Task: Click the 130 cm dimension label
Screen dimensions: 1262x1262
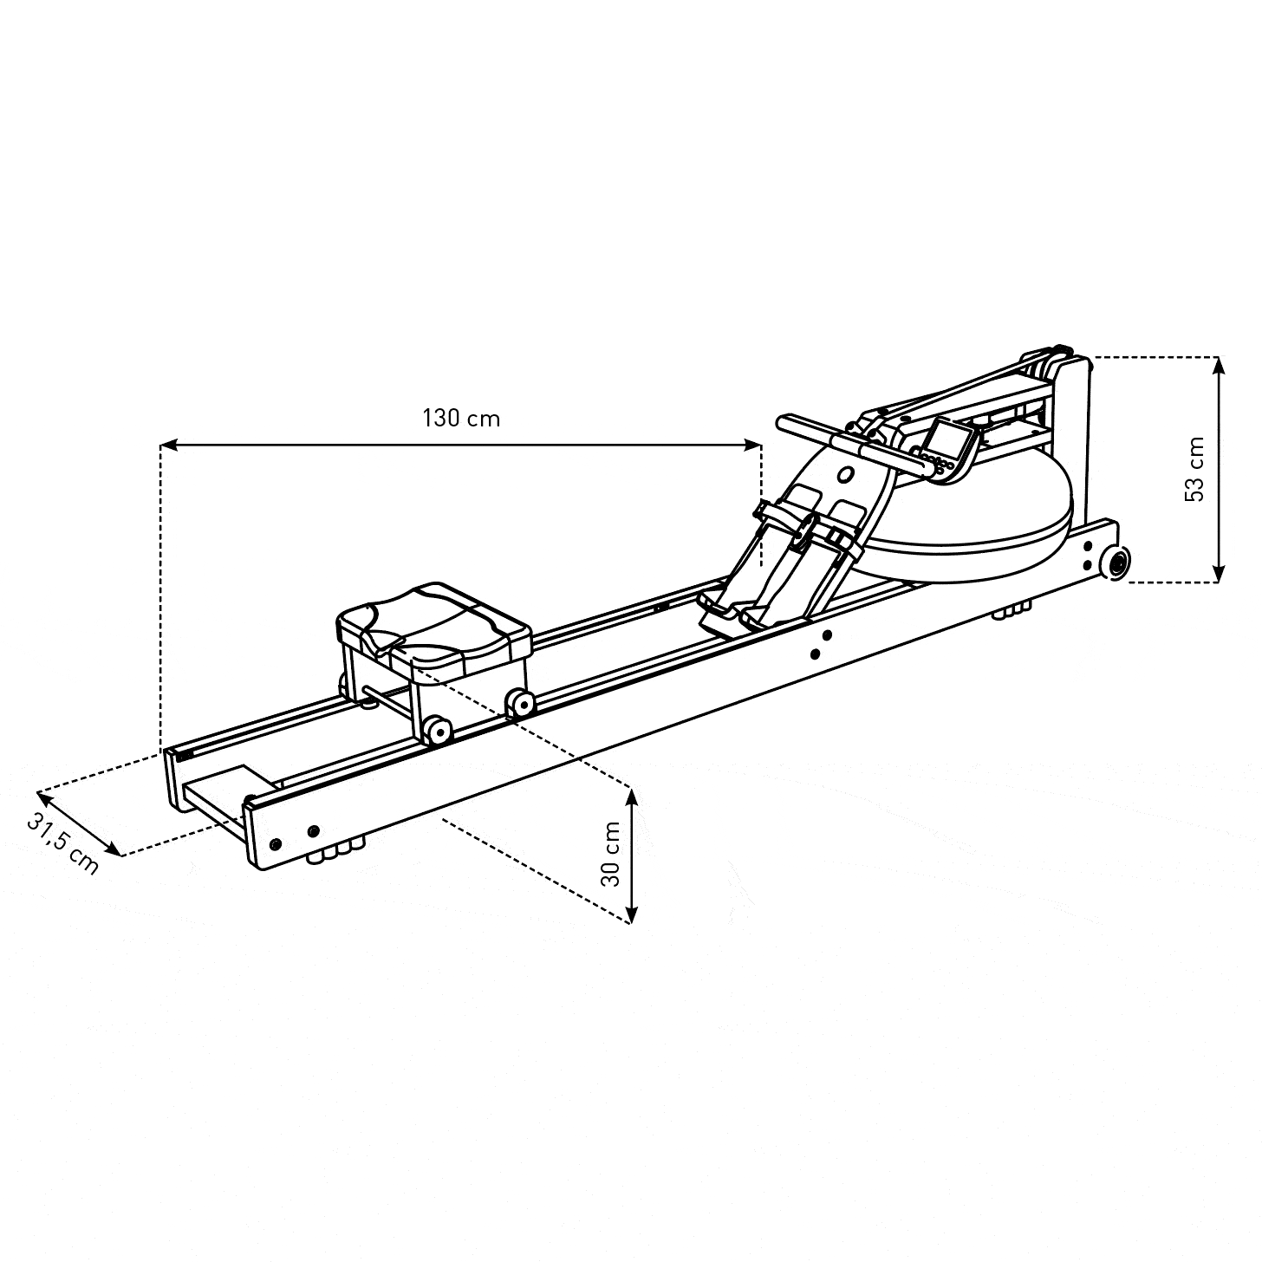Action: click(x=461, y=419)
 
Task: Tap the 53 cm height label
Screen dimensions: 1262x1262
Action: click(x=1195, y=470)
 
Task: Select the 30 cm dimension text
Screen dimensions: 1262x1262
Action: click(x=610, y=854)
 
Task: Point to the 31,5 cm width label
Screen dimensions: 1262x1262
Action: click(x=63, y=844)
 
